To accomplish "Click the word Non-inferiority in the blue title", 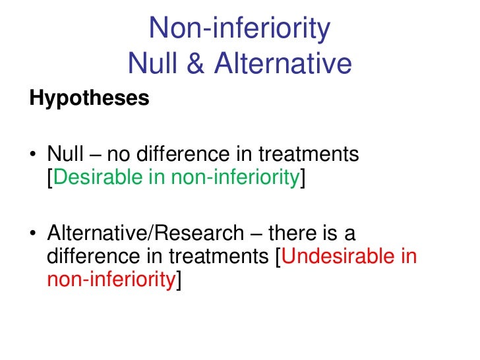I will [239, 30].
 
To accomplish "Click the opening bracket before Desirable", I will [49, 179].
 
